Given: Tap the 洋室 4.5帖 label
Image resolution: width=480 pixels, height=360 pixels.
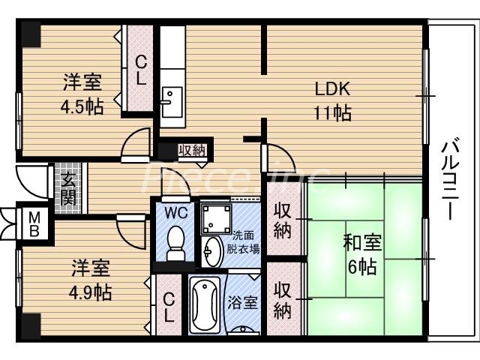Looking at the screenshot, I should click(82, 94).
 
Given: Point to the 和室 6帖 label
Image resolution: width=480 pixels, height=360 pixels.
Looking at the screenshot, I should click(363, 255).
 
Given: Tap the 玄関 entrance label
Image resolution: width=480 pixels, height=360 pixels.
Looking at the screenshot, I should click(68, 188).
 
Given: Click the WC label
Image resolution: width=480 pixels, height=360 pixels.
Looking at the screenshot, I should click(175, 212).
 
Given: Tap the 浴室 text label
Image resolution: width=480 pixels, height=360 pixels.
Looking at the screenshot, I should click(245, 304).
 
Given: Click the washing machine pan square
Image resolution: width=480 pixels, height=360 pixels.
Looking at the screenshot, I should click(217, 217).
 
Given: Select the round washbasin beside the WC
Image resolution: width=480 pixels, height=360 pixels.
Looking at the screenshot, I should click(213, 251).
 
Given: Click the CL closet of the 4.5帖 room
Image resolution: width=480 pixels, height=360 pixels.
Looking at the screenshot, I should click(140, 70).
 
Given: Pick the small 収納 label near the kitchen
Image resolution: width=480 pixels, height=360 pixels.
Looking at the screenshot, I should click(192, 150).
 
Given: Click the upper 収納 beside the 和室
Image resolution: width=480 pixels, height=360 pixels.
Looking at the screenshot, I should click(283, 220).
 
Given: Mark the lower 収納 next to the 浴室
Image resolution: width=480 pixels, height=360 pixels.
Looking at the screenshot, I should click(283, 300).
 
